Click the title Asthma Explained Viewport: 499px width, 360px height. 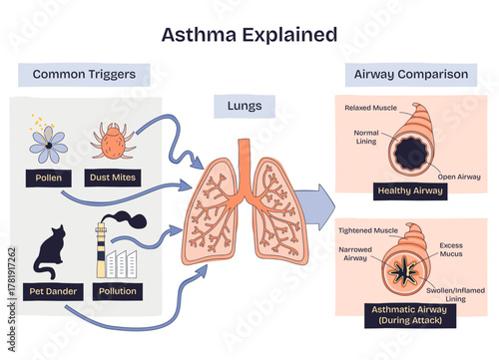click(x=249, y=35)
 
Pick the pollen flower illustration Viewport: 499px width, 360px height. click(x=47, y=143)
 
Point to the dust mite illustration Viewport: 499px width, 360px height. click(x=112, y=142)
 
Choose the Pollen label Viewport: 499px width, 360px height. click(x=48, y=180)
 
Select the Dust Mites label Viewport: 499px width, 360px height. click(x=113, y=180)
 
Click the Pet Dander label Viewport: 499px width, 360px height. click(x=50, y=292)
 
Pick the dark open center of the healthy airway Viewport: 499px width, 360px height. click(x=409, y=155)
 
